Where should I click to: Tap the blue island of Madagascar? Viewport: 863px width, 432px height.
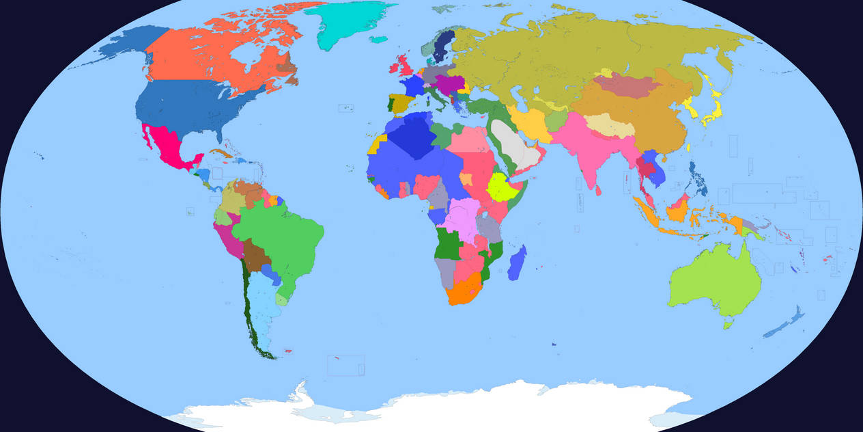point(518,263)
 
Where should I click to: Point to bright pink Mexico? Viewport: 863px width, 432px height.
point(164,147)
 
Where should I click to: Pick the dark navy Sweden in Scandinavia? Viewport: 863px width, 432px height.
point(444,44)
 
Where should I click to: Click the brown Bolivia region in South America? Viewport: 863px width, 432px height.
point(256,256)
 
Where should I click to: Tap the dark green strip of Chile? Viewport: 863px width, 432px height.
point(251,314)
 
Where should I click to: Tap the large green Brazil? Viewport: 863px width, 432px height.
point(280,232)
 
